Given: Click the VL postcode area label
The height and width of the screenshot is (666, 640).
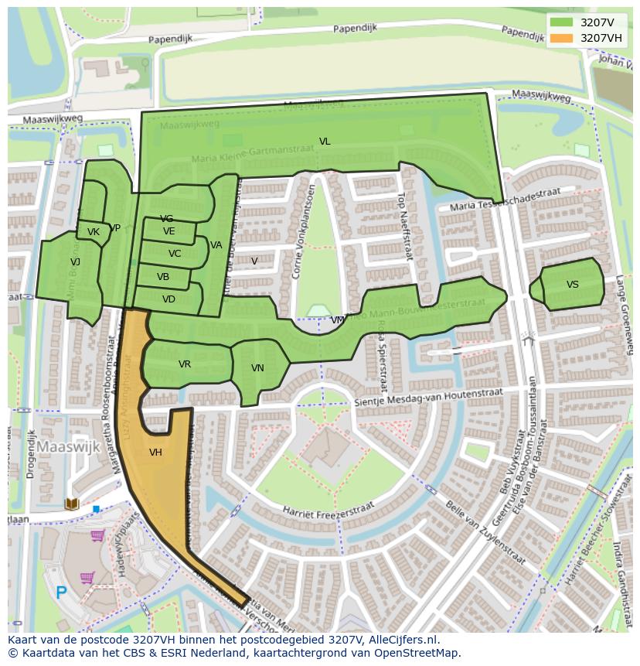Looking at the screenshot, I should pyautogui.click(x=325, y=142).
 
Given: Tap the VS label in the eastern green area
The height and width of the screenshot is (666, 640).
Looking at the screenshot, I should pyautogui.click(x=572, y=285).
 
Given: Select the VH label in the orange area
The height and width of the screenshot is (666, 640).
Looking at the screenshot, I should pyautogui.click(x=155, y=453).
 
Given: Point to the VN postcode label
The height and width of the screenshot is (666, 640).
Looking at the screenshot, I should pyautogui.click(x=257, y=368).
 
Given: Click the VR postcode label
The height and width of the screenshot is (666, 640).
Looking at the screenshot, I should pyautogui.click(x=185, y=364).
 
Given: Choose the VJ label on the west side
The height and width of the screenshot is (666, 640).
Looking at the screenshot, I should pyautogui.click(x=75, y=262).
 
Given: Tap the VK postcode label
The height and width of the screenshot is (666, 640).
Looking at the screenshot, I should pyautogui.click(x=94, y=232).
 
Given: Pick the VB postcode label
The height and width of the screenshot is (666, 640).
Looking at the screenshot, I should pyautogui.click(x=163, y=277).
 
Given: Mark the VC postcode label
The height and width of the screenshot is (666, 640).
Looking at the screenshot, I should pyautogui.click(x=175, y=254).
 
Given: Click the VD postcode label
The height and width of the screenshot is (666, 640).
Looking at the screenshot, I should pyautogui.click(x=169, y=299).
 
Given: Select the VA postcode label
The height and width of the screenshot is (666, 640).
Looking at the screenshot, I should pyautogui.click(x=216, y=245).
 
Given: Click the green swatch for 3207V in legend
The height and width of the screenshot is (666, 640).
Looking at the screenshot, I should pyautogui.click(x=562, y=22).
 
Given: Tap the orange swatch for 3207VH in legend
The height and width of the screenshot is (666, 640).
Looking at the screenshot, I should pyautogui.click(x=562, y=38).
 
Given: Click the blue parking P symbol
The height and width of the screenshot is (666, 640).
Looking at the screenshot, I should pyautogui.click(x=61, y=593).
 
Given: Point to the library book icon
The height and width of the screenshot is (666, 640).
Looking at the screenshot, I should pyautogui.click(x=72, y=504).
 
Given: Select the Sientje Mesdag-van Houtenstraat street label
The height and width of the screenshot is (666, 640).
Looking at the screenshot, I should pyautogui.click(x=428, y=398).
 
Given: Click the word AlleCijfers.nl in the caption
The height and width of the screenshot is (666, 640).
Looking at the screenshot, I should pyautogui.click(x=401, y=640).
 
